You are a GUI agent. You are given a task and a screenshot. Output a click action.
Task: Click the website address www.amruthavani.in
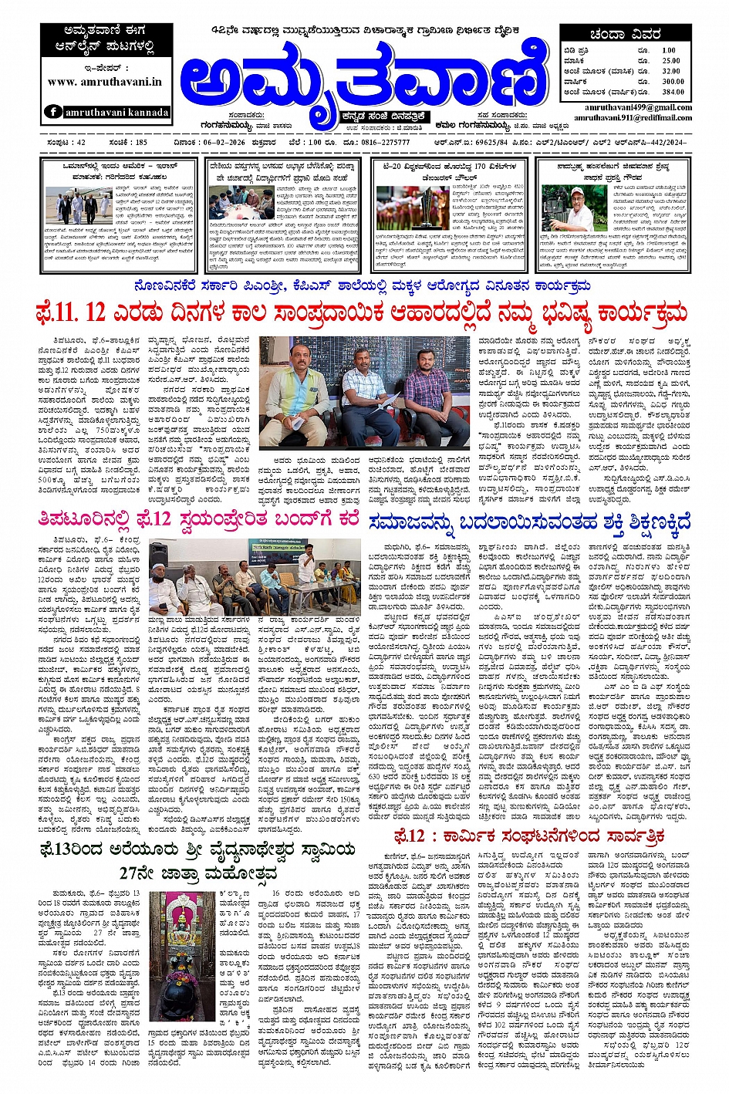click(104, 81)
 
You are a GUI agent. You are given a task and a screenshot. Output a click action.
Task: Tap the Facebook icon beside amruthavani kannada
click(53, 111)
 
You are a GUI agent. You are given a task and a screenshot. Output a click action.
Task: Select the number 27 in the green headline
click(132, 873)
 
